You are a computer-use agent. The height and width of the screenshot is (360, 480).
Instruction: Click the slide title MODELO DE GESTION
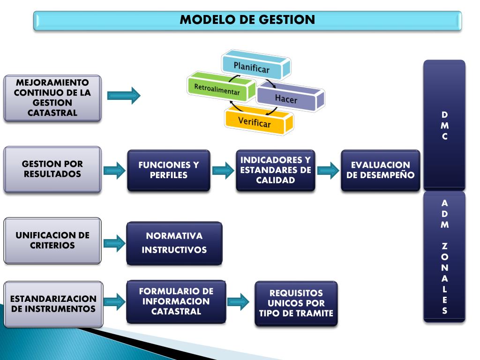[x=247, y=20]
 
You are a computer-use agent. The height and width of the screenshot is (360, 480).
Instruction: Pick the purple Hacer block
[x=287, y=99]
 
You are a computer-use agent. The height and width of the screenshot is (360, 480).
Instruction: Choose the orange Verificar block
[x=255, y=121]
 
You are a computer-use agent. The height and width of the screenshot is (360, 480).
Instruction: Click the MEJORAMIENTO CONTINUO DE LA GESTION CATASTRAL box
[x=52, y=98]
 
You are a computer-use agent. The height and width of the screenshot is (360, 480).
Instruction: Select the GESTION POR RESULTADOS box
[x=52, y=169]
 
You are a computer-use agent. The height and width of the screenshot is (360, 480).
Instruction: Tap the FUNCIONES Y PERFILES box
[x=169, y=170]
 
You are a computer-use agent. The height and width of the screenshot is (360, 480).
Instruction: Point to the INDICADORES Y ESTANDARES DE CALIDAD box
[x=275, y=170]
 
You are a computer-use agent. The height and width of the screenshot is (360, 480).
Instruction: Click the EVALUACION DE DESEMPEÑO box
[x=380, y=170]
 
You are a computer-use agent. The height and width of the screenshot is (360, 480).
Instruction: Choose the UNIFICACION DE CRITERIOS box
[x=52, y=240]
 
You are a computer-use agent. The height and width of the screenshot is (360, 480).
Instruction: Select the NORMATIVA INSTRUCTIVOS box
[x=174, y=243]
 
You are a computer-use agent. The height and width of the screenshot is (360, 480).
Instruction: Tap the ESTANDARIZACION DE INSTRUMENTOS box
[x=53, y=304]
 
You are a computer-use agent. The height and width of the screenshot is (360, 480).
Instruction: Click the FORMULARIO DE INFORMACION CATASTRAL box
[x=176, y=301]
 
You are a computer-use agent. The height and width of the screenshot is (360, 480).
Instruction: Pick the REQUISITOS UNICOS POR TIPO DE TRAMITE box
[x=296, y=303]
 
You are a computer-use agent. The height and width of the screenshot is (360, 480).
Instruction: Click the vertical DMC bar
[x=444, y=125]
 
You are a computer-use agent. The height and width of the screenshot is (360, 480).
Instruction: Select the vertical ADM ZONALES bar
[x=444, y=256]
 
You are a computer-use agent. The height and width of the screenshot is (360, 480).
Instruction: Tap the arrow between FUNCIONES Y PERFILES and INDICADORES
[x=223, y=171]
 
